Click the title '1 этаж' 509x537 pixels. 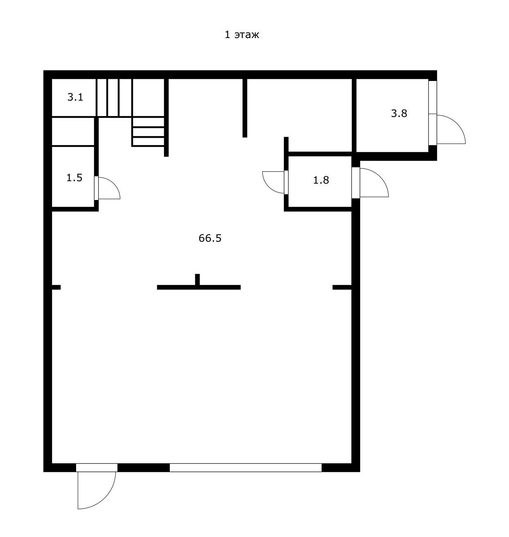coord(242,35)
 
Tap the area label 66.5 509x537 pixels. coord(210,238)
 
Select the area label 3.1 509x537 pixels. coord(75,97)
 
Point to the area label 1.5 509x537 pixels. coord(74,178)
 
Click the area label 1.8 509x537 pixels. coord(321,180)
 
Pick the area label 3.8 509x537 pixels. coord(399,113)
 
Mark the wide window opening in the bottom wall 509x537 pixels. coord(245,467)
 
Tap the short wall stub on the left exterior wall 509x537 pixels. coord(56,288)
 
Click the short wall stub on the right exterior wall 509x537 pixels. coord(342,288)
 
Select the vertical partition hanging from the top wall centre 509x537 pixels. coord(245,108)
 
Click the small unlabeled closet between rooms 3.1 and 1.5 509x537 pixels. coord(73,132)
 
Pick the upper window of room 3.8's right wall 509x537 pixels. coord(432,97)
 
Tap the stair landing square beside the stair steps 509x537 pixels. coord(148,97)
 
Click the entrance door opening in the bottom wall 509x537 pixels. coord(97,467)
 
